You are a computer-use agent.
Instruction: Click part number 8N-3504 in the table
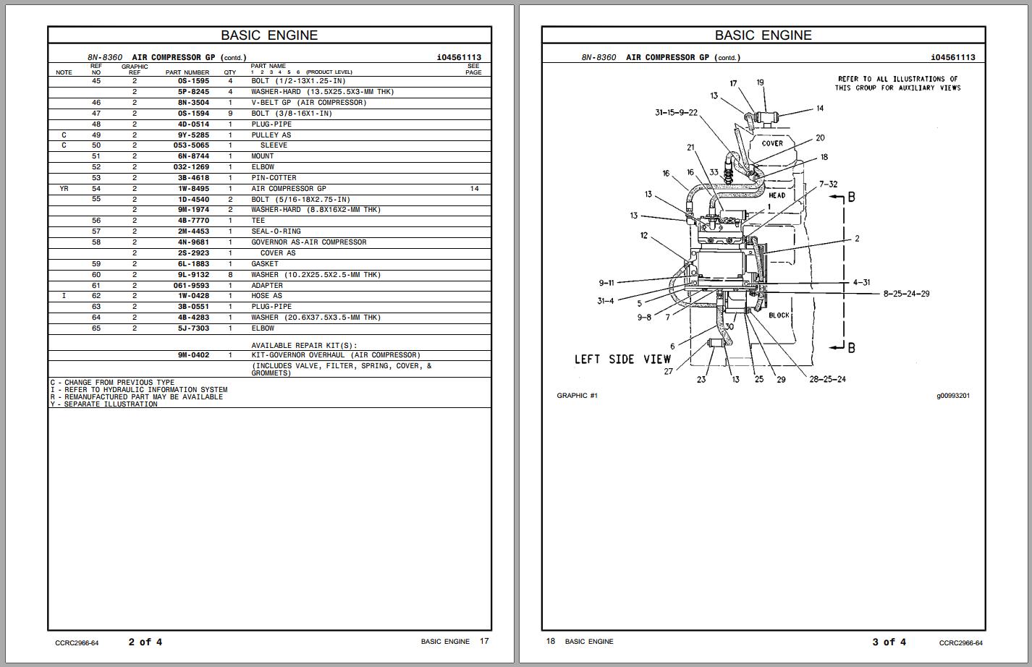pos(193,103)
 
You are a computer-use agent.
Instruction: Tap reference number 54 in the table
pos(96,189)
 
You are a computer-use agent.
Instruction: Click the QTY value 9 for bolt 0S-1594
pos(230,114)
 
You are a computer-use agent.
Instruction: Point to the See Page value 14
pos(474,189)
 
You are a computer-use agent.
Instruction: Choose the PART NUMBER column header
pos(187,72)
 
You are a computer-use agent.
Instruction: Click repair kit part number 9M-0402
pos(193,355)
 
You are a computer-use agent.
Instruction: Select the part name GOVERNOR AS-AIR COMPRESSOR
pos(308,242)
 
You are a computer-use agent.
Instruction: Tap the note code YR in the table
pos(64,189)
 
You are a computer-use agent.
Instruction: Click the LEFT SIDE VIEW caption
pos(622,360)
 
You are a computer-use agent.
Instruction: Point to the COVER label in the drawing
pos(772,143)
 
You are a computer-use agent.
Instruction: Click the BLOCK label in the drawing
pos(779,315)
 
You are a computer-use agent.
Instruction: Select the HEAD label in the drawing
pos(777,195)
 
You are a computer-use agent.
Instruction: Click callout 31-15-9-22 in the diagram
pos(676,113)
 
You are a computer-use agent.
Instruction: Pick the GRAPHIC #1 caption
pos(577,396)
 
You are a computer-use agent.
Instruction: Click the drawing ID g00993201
pos(952,396)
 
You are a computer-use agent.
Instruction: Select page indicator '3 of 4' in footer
pos(889,642)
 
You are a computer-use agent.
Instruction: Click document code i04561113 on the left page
pos(459,57)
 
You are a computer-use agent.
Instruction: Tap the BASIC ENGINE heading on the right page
pos(763,35)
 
